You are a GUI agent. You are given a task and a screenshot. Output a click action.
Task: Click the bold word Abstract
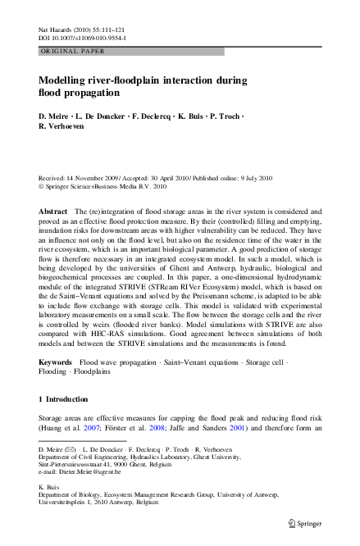[53, 212]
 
